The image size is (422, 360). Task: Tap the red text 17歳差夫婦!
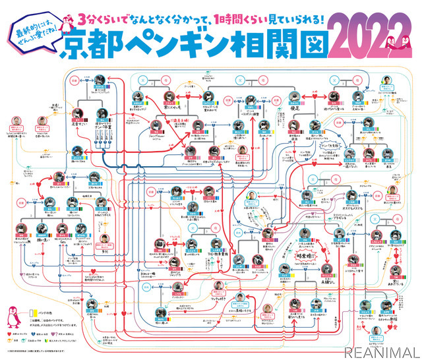(180, 123)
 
